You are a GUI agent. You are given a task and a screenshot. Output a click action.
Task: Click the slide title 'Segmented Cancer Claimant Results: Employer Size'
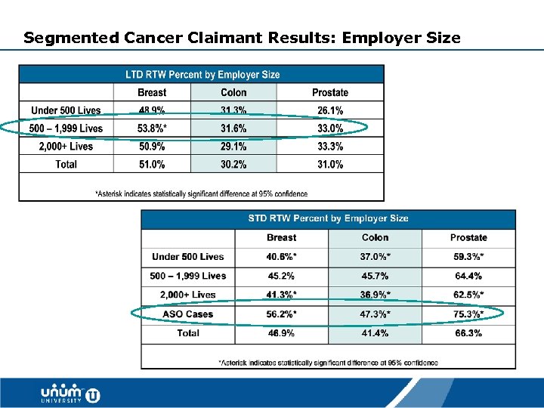pyautogui.click(x=242, y=37)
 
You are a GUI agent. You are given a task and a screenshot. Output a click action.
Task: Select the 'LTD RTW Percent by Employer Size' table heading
pyautogui.click(x=202, y=74)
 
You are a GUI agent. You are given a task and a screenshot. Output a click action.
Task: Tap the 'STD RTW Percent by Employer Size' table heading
pyautogui.click(x=328, y=218)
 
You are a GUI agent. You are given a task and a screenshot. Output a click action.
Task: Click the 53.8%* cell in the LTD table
pyautogui.click(x=152, y=128)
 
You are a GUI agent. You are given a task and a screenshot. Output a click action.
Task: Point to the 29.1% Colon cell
pyautogui.click(x=233, y=146)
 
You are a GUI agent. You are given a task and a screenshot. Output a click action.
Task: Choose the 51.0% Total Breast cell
pyautogui.click(x=152, y=164)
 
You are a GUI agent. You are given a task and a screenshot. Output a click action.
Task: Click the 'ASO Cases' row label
pyautogui.click(x=187, y=314)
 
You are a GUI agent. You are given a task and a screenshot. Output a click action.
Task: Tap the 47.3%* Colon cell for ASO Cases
pyautogui.click(x=375, y=314)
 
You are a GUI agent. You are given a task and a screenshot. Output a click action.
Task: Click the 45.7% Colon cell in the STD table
pyautogui.click(x=375, y=276)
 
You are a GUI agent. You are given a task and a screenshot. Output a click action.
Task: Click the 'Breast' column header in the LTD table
pyautogui.click(x=152, y=92)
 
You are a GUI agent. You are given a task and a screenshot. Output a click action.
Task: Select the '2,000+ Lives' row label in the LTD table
pyautogui.click(x=66, y=146)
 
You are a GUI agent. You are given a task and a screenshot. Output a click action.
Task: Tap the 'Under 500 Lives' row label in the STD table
pyautogui.click(x=187, y=257)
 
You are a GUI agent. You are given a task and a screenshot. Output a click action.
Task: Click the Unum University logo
pyautogui.click(x=70, y=394)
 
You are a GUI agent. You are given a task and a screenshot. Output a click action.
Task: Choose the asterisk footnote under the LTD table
pyautogui.click(x=201, y=194)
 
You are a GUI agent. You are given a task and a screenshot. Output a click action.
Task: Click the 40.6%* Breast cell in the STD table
pyautogui.click(x=281, y=257)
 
